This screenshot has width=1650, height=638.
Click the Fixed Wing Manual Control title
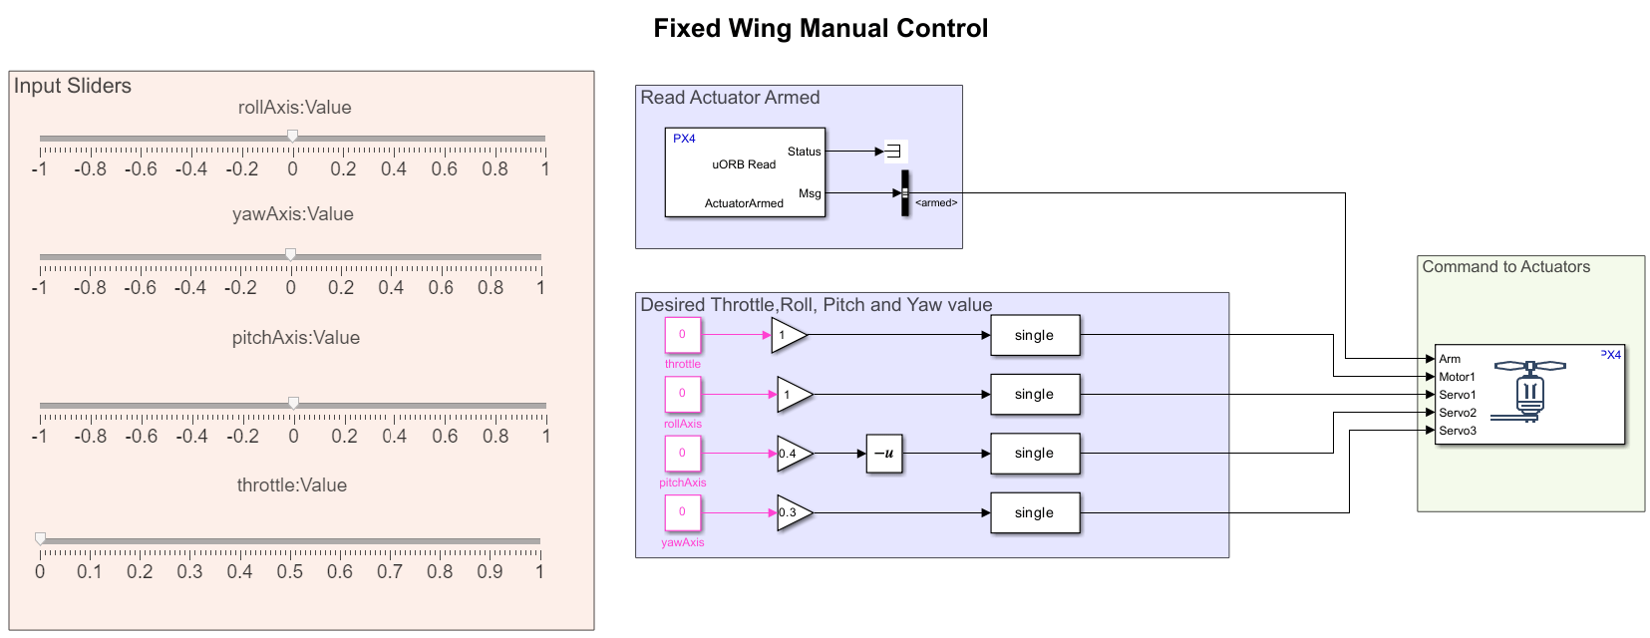(x=821, y=28)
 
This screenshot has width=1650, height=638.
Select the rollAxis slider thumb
(x=292, y=136)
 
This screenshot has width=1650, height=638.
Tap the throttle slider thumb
(x=41, y=538)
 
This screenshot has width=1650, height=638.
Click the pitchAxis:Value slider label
(x=295, y=338)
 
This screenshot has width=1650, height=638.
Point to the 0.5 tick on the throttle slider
(x=290, y=571)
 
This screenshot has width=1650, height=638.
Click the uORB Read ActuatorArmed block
(x=745, y=172)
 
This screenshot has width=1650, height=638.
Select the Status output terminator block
(x=893, y=152)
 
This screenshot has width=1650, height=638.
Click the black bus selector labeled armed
(x=905, y=193)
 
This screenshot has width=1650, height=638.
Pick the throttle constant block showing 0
(x=683, y=335)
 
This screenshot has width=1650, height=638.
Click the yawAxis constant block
(x=683, y=512)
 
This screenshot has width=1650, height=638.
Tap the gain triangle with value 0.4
(x=793, y=454)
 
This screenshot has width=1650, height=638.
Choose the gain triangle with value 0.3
(x=793, y=512)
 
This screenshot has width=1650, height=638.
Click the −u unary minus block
(x=883, y=453)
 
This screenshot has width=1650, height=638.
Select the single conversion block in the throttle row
(x=1034, y=335)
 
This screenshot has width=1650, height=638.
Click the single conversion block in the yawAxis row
(x=1034, y=512)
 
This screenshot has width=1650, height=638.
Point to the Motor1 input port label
(x=1457, y=377)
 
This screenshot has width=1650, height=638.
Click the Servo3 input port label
(x=1457, y=431)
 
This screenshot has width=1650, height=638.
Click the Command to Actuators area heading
(x=1505, y=267)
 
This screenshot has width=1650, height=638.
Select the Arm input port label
(x=1450, y=359)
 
